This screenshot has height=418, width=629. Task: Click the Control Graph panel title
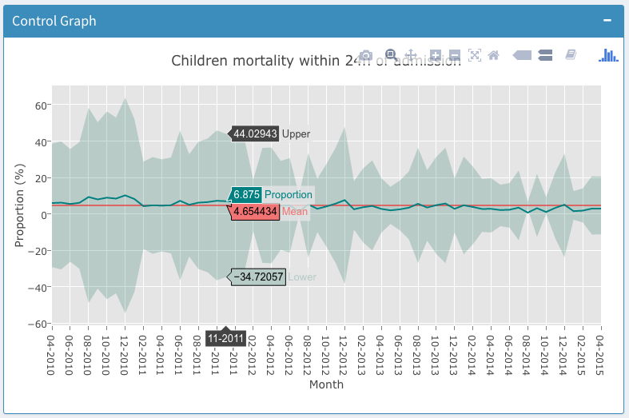54,21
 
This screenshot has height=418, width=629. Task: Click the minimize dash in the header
607,20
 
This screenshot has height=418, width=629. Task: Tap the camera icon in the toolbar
365,55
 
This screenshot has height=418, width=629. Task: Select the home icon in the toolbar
493,55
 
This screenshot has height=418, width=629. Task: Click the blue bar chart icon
608,54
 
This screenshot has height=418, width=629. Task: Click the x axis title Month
326,384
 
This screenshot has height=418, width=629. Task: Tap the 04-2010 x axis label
52,350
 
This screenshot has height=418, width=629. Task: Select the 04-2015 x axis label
599,350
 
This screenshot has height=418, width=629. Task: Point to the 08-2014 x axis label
527,350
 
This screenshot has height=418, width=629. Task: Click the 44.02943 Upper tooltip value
255,133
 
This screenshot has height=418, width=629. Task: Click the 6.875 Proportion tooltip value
245,194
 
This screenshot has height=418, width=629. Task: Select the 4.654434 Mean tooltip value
255,212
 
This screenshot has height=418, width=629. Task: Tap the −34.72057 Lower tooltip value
258,277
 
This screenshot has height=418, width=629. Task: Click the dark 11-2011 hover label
225,339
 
